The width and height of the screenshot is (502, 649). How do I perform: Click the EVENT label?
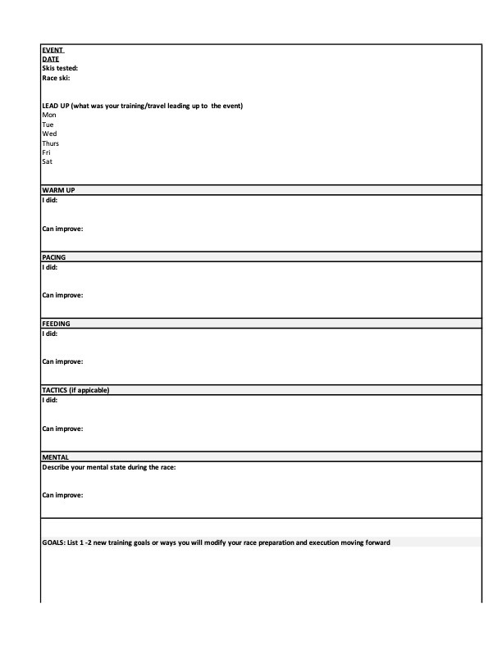coord(52,49)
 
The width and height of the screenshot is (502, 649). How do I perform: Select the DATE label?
coord(50,59)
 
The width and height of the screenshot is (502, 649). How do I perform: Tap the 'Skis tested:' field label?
coord(60,68)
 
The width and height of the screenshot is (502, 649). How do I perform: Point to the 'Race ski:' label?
coord(56,78)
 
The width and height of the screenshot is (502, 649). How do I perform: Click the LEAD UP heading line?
coord(142,106)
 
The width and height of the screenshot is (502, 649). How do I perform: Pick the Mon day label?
coord(48,116)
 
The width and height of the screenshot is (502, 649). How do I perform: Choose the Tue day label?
coord(48,125)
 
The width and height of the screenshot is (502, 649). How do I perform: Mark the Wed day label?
coord(49,134)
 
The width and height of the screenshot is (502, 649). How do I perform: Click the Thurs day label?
coord(50,143)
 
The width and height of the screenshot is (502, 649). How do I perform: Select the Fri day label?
coord(46,152)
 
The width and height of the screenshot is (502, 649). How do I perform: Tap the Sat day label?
coord(47,161)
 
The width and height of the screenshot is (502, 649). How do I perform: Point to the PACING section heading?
coord(54,257)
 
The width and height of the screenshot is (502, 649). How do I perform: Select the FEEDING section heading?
coord(57,324)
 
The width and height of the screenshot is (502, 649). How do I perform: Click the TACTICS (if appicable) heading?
coord(75,390)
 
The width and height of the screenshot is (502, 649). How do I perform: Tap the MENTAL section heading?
coord(55,457)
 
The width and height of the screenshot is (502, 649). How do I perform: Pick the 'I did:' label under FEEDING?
coord(50,334)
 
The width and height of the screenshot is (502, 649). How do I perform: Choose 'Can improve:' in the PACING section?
coord(62,295)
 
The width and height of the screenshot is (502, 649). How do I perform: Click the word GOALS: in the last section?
coord(54,542)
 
